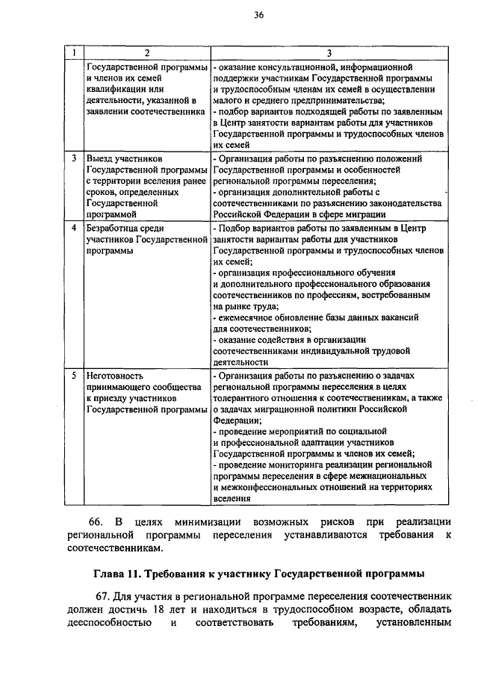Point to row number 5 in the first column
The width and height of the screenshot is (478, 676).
[x=74, y=376]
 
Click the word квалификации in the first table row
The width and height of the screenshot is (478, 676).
[x=119, y=89]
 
